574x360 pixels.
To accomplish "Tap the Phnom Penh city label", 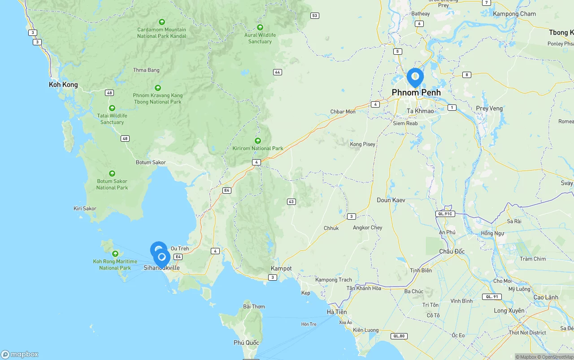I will point(416,93).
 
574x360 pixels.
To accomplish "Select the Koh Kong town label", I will point(63,85).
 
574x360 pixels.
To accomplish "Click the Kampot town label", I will point(281,269).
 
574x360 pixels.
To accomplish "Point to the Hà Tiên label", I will point(337,312).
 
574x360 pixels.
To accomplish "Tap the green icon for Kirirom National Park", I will point(258,141).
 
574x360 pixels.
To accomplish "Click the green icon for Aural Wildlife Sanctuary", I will point(260,27).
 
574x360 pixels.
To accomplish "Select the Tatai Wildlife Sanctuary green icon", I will point(112,108).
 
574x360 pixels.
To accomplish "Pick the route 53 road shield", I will point(315,16).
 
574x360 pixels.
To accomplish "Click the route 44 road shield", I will point(278,72).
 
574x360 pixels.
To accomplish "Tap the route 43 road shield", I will point(291,202).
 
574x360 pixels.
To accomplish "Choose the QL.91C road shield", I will point(445,214).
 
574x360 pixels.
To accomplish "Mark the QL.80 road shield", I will point(399,336).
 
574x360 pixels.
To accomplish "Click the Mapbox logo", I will point(20,355).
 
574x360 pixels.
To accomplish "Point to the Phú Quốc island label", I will point(246,343).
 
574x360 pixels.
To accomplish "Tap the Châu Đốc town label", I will point(452,252).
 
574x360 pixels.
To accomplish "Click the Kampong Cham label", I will point(514,14).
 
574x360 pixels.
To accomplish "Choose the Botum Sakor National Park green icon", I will point(112,173).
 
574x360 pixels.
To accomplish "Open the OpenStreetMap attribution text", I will point(556,357).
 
